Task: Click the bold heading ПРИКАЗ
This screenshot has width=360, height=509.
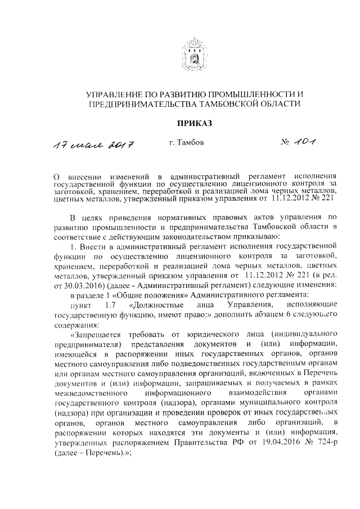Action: (193, 123)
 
